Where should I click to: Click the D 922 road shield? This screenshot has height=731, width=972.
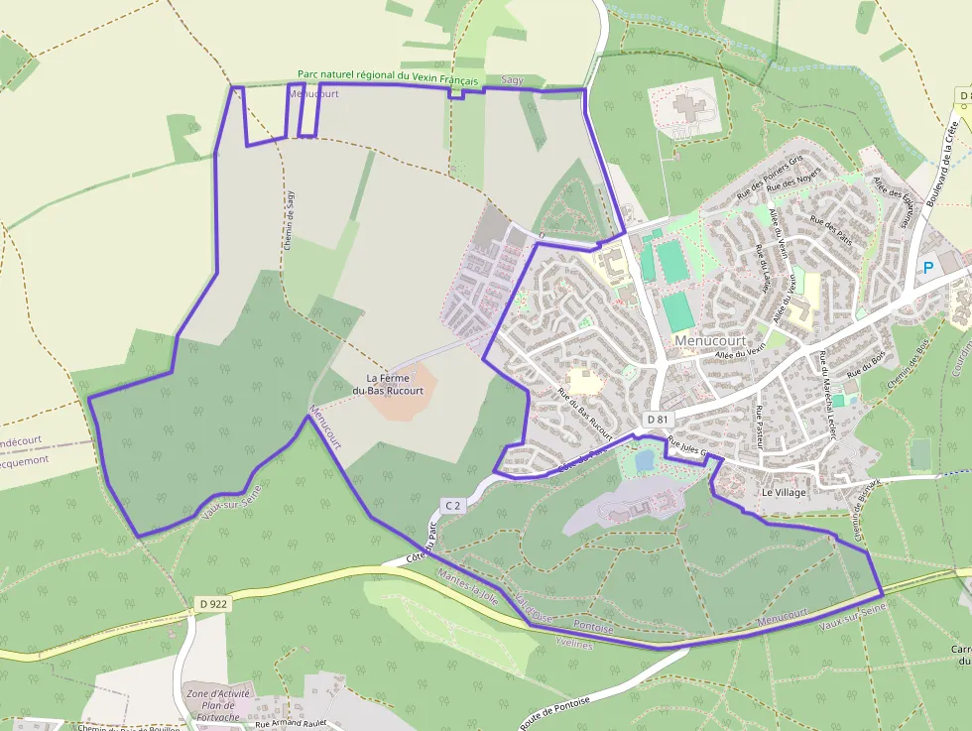212,603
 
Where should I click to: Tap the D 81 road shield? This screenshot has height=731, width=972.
657,420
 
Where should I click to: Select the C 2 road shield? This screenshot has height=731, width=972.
452,506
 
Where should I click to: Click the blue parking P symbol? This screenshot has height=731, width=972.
928,267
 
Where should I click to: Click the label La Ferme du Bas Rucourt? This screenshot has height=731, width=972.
395,384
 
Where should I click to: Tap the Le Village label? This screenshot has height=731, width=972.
784,492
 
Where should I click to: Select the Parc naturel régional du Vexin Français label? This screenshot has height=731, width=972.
389,76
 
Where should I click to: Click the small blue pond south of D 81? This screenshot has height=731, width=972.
645,461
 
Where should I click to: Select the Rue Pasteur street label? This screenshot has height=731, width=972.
759,426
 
